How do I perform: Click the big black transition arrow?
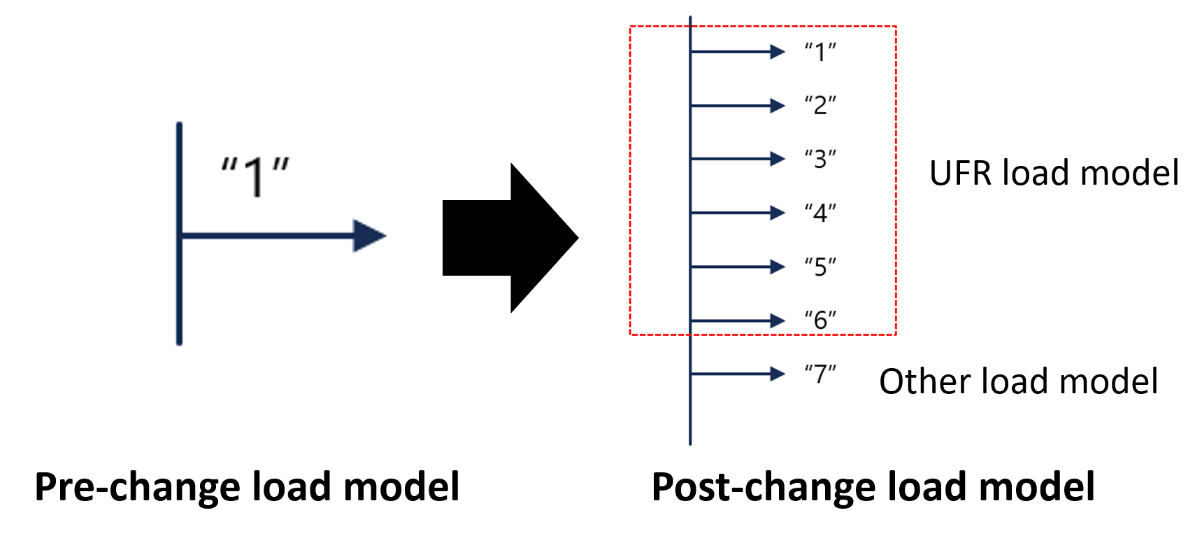click(510, 238)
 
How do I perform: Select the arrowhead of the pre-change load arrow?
click(370, 236)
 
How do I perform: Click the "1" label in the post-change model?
click(820, 52)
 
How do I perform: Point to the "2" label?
click(820, 106)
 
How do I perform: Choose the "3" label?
click(820, 160)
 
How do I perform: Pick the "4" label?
click(820, 213)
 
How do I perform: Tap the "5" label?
click(820, 267)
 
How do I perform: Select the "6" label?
click(820, 320)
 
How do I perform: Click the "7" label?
click(820, 374)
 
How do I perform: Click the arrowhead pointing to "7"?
click(778, 374)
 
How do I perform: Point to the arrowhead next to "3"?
click(778, 159)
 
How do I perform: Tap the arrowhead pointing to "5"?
click(778, 267)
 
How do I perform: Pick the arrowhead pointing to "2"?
click(778, 106)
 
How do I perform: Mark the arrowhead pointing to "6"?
click(778, 320)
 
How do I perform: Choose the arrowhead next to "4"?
click(778, 213)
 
